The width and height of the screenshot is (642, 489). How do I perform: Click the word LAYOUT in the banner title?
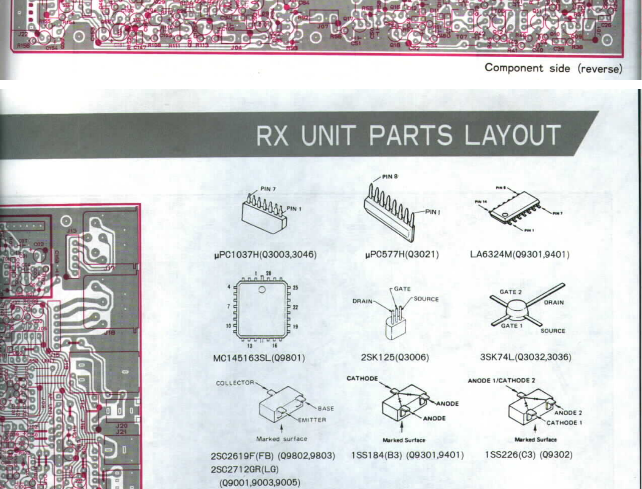click(512, 135)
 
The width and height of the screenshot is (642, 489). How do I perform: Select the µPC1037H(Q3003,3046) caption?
click(265, 255)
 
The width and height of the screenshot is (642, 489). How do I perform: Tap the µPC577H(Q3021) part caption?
click(402, 255)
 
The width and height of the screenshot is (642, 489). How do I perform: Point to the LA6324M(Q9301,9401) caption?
click(520, 255)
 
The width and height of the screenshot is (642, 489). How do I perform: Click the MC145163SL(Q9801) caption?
click(259, 358)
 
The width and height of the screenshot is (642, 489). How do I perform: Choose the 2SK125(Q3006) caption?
click(395, 357)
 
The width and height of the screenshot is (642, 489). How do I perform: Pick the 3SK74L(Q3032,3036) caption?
click(526, 357)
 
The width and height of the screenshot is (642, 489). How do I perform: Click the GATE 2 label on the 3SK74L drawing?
click(510, 292)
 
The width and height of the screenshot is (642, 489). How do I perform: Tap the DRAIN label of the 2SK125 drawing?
click(362, 301)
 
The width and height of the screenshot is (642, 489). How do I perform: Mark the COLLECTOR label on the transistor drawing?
click(235, 383)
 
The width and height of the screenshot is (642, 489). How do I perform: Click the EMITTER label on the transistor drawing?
click(312, 420)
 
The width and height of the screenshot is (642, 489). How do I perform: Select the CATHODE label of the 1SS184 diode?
click(362, 378)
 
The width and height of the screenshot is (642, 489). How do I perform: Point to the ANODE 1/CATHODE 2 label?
click(501, 380)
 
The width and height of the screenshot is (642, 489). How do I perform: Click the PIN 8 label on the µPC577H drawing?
click(390, 177)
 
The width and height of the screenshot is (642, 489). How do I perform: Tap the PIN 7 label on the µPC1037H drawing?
click(268, 189)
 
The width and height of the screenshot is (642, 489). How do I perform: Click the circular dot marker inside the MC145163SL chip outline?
click(262, 289)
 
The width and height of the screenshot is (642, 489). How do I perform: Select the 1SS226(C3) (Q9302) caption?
click(529, 455)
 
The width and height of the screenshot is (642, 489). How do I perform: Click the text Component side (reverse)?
click(553, 68)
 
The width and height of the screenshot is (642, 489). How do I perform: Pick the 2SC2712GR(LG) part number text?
click(245, 469)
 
